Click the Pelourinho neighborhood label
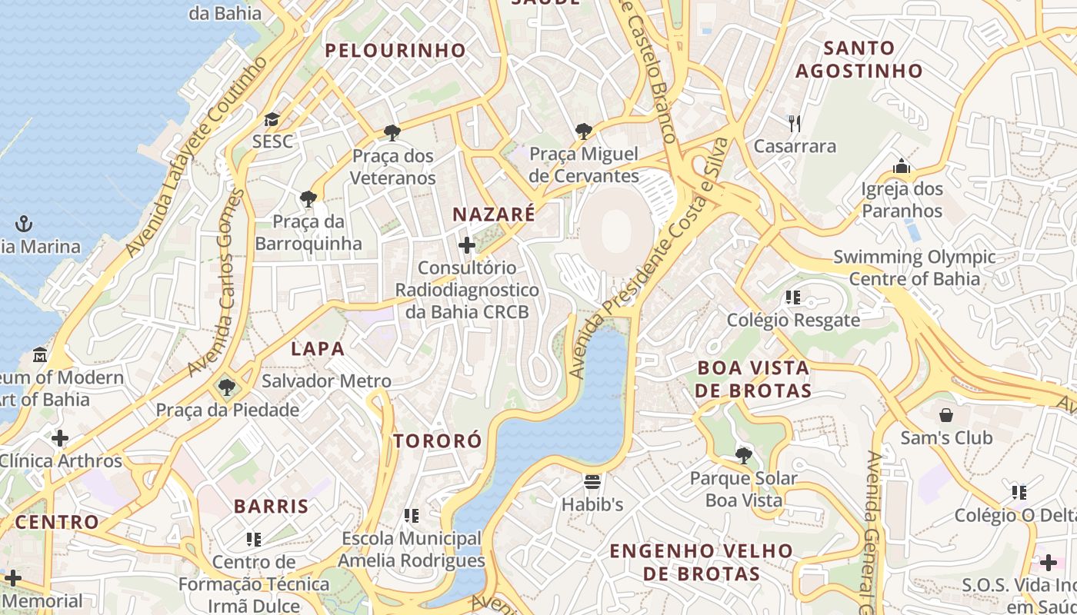395,51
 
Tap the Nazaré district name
494,214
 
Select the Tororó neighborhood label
438,440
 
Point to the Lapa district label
318,349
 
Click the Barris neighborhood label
272,507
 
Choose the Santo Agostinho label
859,59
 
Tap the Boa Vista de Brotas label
753,379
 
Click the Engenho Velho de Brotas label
701,562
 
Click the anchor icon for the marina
25,224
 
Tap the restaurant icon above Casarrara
795,123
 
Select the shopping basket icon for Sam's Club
946,416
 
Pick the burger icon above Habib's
592,482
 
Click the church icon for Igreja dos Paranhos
902,166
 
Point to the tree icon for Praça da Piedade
226,387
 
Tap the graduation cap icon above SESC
272,119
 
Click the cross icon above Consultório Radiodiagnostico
467,245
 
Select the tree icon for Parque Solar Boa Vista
743,456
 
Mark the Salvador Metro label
326,381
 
